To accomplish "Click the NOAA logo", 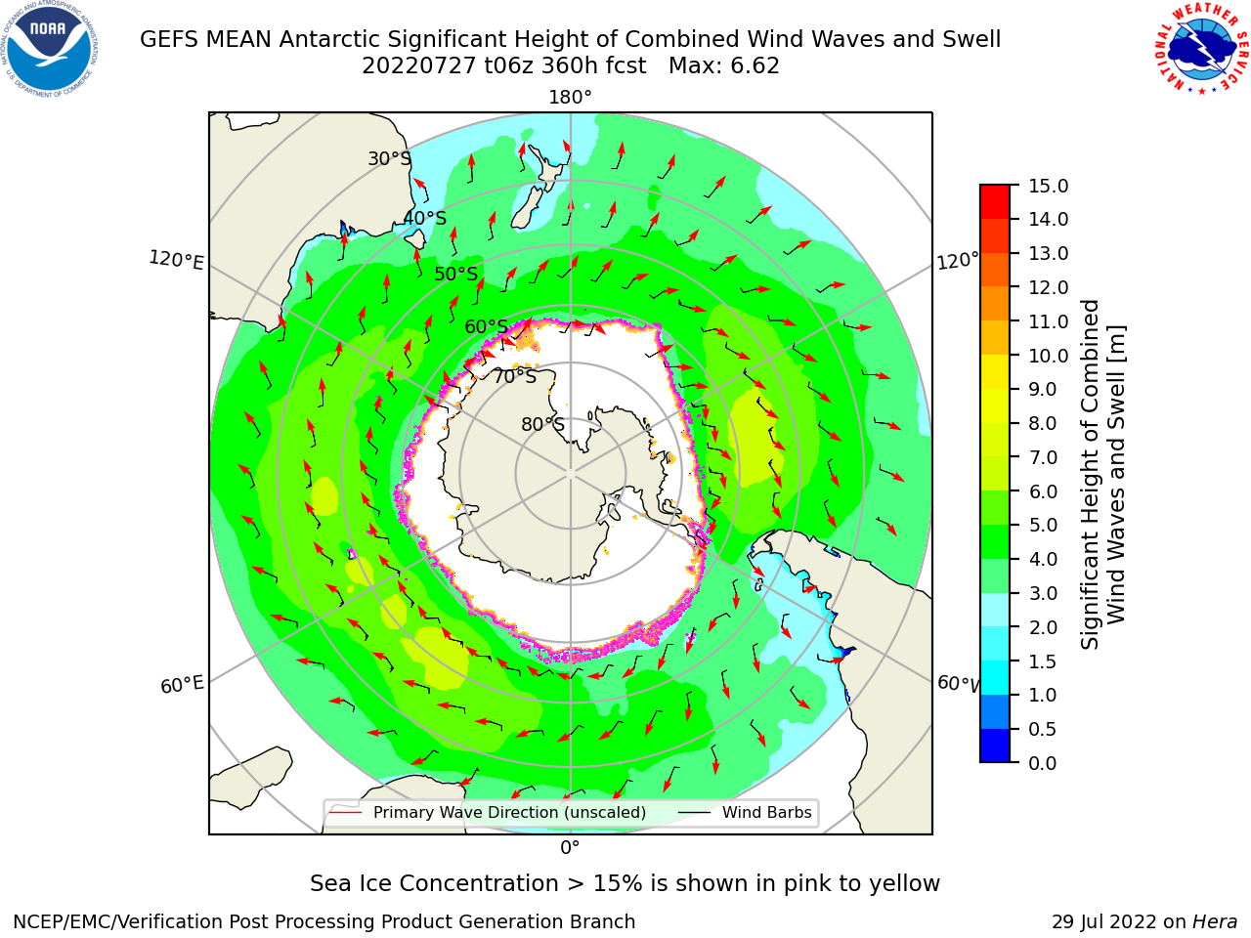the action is [49, 50].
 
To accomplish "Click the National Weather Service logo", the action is [1200, 49].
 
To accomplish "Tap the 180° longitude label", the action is [570, 98].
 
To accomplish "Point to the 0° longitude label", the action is [570, 847].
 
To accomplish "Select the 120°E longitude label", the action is [176, 260].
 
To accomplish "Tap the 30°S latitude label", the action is [390, 158].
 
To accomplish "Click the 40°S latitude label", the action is [425, 218].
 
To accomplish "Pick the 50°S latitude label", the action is [456, 274].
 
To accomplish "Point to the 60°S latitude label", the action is [486, 326].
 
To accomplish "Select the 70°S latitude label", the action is [515, 376].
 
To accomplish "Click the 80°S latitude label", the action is [543, 424].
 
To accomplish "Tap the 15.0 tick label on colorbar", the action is [1048, 186].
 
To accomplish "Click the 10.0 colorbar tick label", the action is [1048, 356].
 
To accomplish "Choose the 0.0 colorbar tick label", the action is [1043, 763].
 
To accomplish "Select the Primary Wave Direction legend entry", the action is [489, 812].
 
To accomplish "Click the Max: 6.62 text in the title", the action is [724, 66].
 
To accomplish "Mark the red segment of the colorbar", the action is [995, 202].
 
